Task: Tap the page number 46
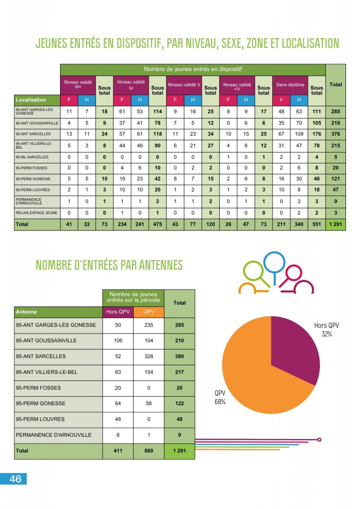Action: click(x=15, y=479)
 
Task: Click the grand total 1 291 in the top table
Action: click(x=335, y=224)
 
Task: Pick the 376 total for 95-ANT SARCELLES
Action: click(x=335, y=134)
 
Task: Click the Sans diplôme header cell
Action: click(x=290, y=85)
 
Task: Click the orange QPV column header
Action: click(x=148, y=312)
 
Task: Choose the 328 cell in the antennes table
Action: click(x=148, y=356)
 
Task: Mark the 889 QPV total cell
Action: click(x=148, y=451)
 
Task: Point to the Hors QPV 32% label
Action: click(x=327, y=330)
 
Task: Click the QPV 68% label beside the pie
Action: click(x=220, y=397)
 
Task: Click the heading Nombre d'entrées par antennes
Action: click(x=109, y=265)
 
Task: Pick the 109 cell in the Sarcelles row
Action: click(x=299, y=134)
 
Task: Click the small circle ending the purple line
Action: click(x=319, y=439)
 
